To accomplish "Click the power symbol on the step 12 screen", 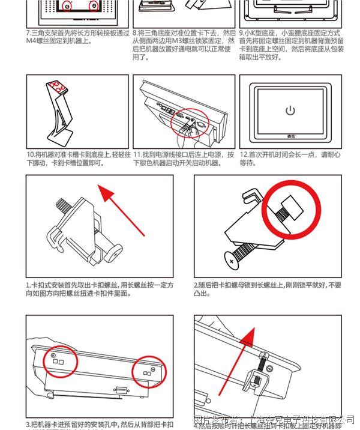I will [290, 111].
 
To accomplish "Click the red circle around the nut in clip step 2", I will [289, 208].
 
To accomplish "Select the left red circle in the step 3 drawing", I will [56, 359].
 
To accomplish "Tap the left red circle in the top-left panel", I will [67, 6].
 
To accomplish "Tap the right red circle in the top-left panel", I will [93, 6].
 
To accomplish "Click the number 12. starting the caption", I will [244, 154].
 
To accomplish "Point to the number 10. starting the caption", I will [30, 154].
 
